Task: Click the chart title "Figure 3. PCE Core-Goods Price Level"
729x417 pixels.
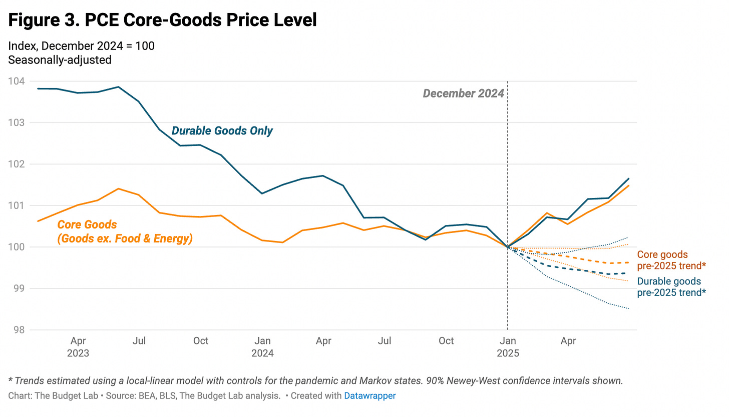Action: tap(163, 20)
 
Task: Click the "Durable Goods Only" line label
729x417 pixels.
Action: tap(222, 131)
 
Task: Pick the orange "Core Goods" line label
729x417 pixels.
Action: tap(125, 232)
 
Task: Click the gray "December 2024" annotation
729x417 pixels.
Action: tap(463, 93)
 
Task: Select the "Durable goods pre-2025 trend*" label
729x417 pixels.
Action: tap(671, 287)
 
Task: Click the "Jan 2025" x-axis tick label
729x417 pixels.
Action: tap(507, 347)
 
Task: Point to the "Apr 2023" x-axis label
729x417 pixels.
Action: tap(78, 347)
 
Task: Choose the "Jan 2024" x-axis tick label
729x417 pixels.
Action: tap(262, 347)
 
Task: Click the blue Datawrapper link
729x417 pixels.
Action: tap(370, 396)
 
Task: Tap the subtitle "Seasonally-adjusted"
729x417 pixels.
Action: tap(60, 59)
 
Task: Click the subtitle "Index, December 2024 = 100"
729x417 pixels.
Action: tap(82, 46)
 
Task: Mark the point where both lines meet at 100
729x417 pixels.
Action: tap(508, 247)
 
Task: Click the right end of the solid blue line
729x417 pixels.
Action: tap(629, 178)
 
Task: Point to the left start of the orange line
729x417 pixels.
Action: tap(38, 221)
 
